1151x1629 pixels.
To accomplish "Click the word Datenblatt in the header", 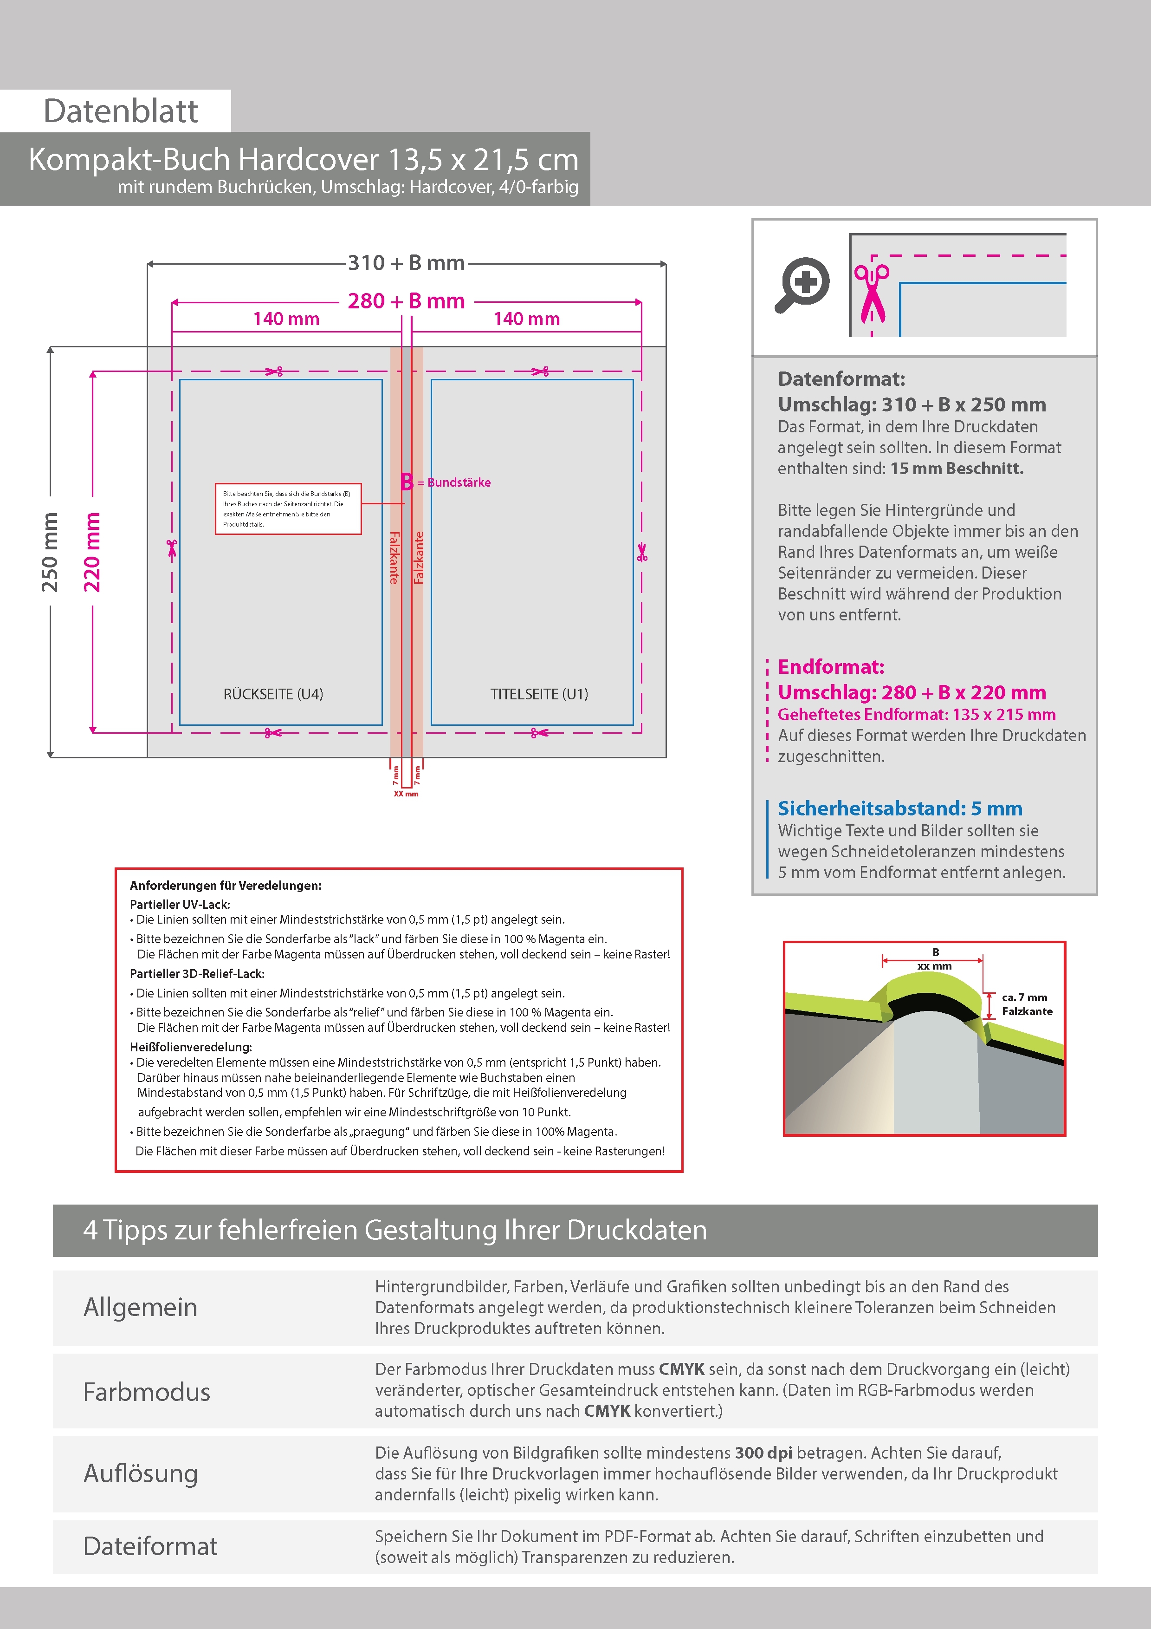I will tap(121, 111).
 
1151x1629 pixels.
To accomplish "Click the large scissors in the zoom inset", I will tap(872, 293).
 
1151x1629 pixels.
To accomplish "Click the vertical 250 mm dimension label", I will tap(50, 552).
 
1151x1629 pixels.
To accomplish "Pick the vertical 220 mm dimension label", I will tap(92, 552).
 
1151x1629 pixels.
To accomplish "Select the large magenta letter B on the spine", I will tap(407, 482).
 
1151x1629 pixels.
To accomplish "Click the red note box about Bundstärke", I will tap(288, 508).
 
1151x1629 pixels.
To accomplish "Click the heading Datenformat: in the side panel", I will tap(841, 379).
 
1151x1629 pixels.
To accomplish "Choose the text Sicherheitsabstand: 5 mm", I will tap(899, 808).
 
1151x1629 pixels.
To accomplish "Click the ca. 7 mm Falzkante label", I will tap(1026, 1004).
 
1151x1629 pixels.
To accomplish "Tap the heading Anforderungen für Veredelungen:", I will tap(226, 886).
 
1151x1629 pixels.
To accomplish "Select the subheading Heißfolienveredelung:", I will tap(191, 1047).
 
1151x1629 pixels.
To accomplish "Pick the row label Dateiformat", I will tap(150, 1546).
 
